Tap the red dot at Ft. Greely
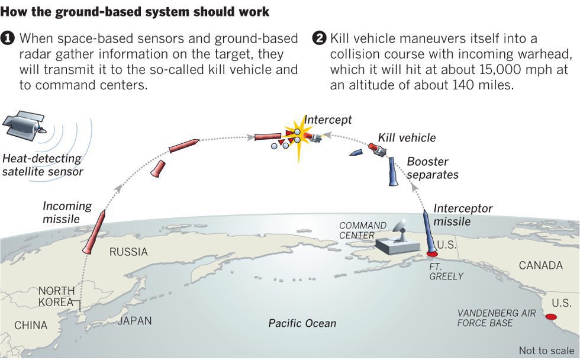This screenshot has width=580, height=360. (432, 254)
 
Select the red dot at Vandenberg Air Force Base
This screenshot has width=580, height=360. (551, 317)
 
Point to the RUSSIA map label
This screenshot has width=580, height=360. (128, 252)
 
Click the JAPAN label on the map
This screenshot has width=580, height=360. (135, 320)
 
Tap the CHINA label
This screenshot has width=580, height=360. (31, 325)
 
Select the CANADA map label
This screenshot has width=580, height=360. (541, 265)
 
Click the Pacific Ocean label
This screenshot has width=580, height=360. (302, 323)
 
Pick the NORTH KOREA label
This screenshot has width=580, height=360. (57, 297)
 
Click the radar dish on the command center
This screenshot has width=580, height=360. (399, 229)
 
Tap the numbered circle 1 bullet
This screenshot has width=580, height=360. (7, 38)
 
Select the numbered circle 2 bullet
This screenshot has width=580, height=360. (319, 38)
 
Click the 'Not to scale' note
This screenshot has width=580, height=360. (546, 351)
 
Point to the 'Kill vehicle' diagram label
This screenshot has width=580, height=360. (407, 138)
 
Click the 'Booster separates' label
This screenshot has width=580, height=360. (433, 168)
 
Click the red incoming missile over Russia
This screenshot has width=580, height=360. (94, 232)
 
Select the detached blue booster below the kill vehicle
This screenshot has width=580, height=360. (392, 171)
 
